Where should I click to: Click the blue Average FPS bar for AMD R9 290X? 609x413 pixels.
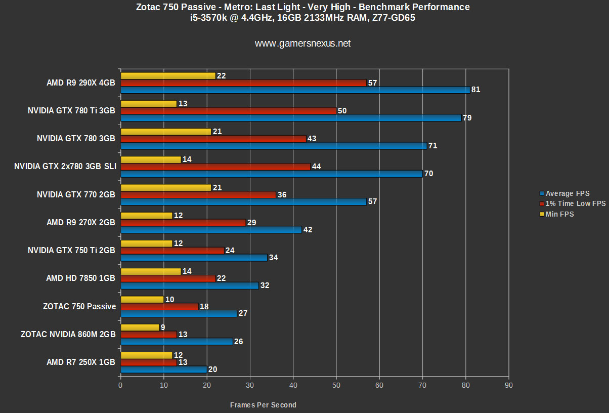295,90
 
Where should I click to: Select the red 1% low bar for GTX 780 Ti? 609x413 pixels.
228,111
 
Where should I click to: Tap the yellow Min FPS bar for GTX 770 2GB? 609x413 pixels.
166,188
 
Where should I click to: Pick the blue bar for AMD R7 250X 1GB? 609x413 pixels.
163,369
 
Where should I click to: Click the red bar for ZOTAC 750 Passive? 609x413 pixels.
159,306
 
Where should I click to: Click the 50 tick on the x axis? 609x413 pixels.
336,385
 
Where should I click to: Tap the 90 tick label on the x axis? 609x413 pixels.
509,385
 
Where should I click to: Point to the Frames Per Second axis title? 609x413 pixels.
263,405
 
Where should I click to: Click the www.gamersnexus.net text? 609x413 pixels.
302,44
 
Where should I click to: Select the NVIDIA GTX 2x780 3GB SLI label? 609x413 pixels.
65,166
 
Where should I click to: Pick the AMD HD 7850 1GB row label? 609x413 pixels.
80,278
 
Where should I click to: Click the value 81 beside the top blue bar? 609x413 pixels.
475,90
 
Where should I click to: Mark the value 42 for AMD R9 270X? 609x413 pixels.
307,229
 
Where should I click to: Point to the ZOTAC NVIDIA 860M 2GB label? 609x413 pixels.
68,334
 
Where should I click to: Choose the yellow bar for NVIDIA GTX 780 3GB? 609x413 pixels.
166,132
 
